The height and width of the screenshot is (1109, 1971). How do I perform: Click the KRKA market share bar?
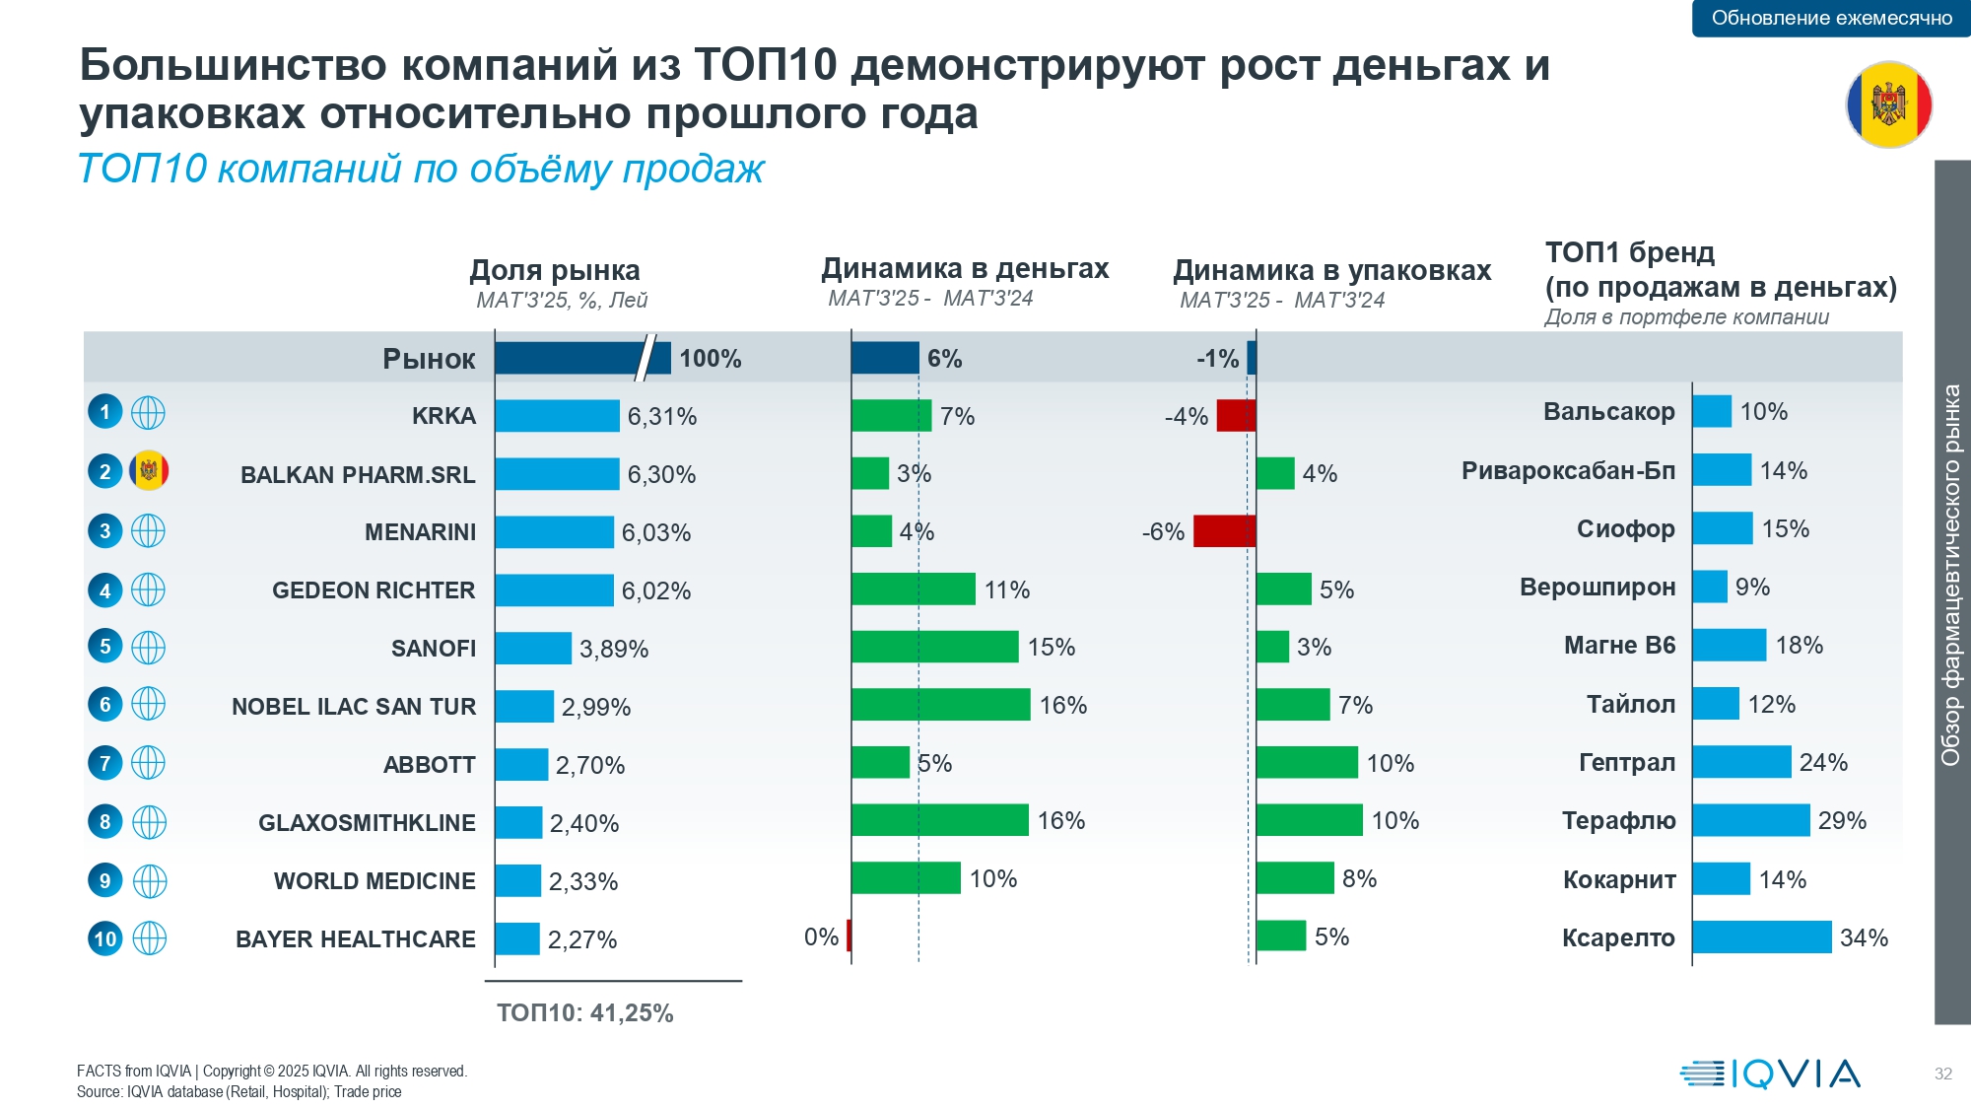(x=557, y=416)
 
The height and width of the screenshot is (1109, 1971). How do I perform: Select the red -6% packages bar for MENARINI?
(x=1224, y=531)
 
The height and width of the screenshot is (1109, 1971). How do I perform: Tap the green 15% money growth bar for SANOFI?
(x=934, y=647)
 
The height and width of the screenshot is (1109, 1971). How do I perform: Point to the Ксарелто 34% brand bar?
(x=1762, y=937)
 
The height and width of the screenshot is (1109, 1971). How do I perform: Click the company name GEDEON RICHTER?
(x=374, y=590)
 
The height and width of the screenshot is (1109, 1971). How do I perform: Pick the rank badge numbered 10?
(x=105, y=938)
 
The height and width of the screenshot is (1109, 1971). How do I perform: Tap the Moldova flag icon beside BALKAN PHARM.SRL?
(x=149, y=471)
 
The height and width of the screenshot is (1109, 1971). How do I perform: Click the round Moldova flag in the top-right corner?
(x=1888, y=104)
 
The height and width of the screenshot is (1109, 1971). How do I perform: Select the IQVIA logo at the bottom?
(x=1770, y=1074)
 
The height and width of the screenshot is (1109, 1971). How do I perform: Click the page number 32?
(x=1942, y=1074)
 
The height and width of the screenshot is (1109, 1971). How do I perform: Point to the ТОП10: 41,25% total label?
(x=585, y=1013)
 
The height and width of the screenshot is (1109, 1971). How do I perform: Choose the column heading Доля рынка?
(x=555, y=270)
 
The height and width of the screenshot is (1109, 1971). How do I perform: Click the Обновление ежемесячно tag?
(x=1831, y=18)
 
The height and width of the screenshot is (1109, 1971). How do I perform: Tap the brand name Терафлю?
(x=1618, y=821)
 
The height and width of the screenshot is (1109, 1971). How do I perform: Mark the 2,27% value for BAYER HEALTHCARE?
(x=582, y=939)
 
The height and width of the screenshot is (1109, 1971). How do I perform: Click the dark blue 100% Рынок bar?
(x=581, y=358)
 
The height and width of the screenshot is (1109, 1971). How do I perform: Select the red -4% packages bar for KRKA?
(x=1236, y=416)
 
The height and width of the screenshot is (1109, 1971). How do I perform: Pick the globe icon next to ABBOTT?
(x=149, y=763)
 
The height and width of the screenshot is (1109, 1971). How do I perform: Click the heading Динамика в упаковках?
(x=1331, y=270)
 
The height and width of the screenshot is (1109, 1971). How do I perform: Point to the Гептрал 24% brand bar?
(x=1741, y=762)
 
